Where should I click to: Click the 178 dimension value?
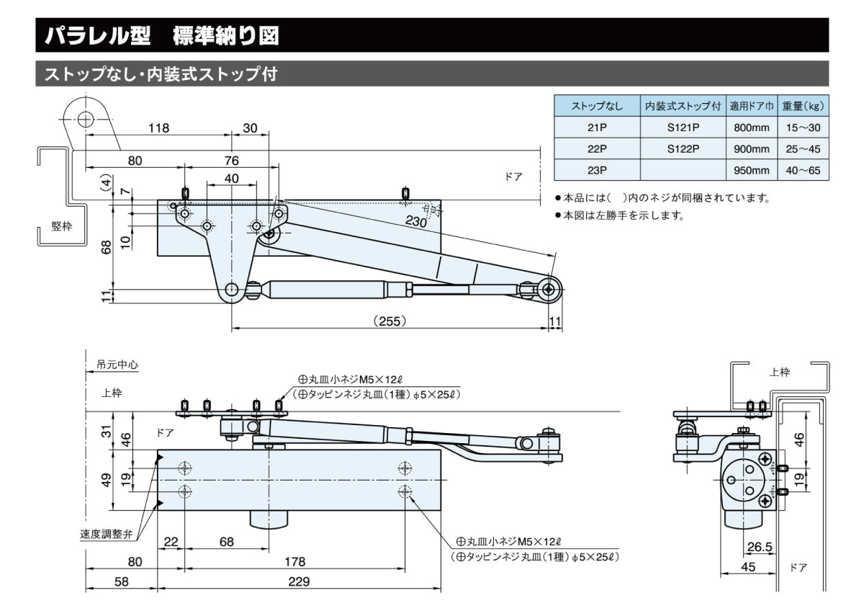(294, 561)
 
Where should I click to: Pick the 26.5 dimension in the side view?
(760, 548)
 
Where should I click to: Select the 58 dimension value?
(121, 581)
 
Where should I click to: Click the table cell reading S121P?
(683, 128)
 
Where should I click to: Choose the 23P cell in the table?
(597, 171)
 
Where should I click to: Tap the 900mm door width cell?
(751, 149)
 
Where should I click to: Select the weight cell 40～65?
(802, 171)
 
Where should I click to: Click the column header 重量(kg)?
(802, 107)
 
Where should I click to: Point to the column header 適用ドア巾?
(751, 107)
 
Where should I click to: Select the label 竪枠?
(62, 226)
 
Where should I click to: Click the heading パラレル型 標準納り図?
(161, 36)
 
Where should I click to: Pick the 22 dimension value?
(171, 542)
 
